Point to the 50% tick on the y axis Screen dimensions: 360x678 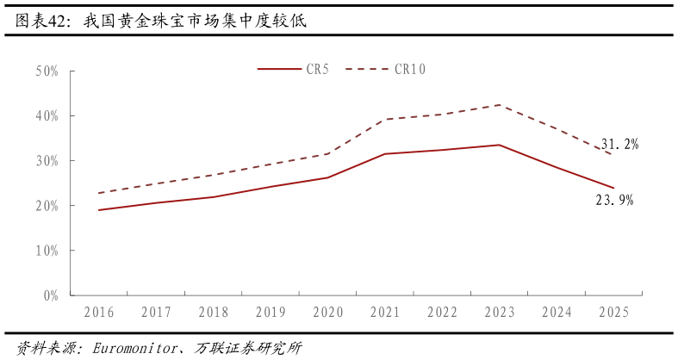click(47, 71)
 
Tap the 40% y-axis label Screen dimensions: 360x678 click(47, 116)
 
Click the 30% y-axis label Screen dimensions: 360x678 click(47, 161)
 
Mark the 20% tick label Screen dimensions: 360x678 click(47, 206)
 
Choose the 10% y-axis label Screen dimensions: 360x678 click(47, 251)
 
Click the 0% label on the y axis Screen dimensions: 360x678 click(50, 295)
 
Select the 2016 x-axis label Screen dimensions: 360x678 click(99, 313)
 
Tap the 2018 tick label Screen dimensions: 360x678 click(214, 313)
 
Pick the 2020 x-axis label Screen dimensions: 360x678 click(328, 313)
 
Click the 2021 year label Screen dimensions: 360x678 click(385, 313)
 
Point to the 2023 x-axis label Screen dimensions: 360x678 click(500, 313)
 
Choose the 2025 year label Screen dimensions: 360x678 click(614, 313)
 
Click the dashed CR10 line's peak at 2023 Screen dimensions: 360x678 click(500, 105)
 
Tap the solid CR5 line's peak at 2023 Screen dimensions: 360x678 click(500, 145)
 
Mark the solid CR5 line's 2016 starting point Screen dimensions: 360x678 click(99, 209)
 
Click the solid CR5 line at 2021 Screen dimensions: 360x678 click(385, 153)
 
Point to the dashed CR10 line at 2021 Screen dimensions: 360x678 click(385, 120)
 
